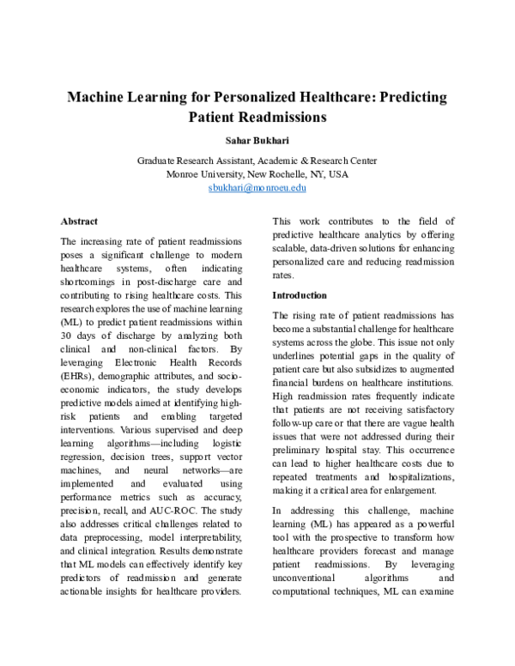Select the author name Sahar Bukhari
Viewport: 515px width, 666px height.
[257, 139]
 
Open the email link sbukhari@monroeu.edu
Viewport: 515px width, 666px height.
[257, 187]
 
